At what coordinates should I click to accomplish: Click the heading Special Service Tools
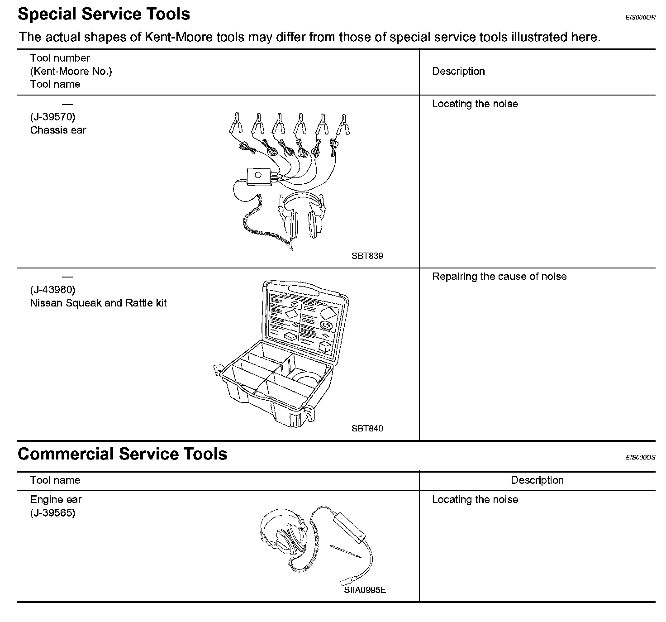[x=104, y=14]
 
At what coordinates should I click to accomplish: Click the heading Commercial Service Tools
[x=122, y=454]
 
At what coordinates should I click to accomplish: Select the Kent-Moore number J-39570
[x=52, y=117]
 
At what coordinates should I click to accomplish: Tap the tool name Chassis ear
[x=58, y=130]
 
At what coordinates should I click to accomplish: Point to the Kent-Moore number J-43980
[x=52, y=289]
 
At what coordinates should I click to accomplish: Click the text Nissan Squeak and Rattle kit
[x=98, y=303]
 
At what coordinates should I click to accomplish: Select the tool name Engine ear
[x=56, y=500]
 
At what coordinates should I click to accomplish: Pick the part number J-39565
[x=52, y=513]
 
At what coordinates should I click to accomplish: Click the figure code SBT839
[x=367, y=256]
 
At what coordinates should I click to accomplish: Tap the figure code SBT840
[x=367, y=428]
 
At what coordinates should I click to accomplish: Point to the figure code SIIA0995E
[x=365, y=590]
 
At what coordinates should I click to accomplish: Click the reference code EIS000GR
[x=640, y=18]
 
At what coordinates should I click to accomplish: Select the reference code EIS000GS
[x=640, y=458]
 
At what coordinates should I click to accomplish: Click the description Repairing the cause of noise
[x=499, y=277]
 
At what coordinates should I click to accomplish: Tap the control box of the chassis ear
[x=258, y=176]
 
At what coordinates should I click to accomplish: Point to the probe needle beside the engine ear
[x=346, y=551]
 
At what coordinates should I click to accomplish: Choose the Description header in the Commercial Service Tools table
[x=537, y=480]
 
